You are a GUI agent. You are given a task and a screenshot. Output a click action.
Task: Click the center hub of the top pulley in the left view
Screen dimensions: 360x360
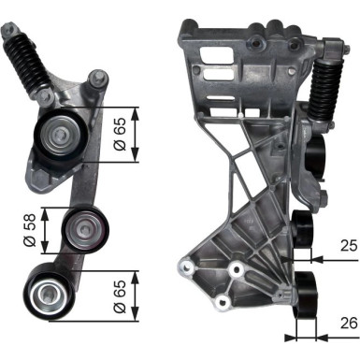tap(59, 135)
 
